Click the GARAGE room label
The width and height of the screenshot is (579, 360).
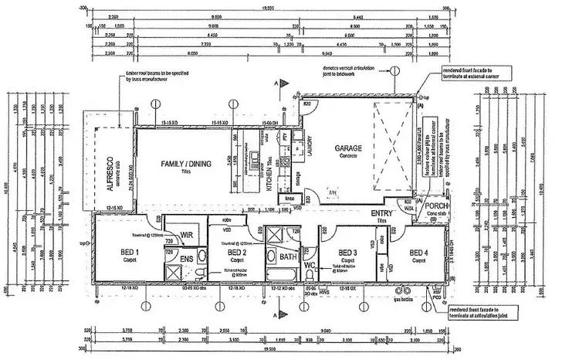tap(348, 148)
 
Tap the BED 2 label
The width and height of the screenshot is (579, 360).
tap(237, 253)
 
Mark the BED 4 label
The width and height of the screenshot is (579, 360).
tap(418, 253)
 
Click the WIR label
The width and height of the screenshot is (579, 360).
tap(185, 235)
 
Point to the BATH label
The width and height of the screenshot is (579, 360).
tap(288, 256)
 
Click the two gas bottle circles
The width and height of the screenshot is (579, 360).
tap(401, 291)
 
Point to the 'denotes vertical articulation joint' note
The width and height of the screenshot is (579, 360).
tap(351, 70)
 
